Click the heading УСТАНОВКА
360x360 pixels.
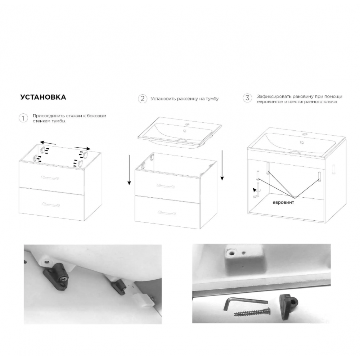click(43, 97)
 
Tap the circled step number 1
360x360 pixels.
click(23, 118)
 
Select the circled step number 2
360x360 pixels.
click(143, 99)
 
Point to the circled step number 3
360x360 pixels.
click(247, 98)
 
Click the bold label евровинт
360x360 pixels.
click(283, 202)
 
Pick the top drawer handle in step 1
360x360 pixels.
click(50, 178)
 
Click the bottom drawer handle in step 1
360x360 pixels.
click(51, 205)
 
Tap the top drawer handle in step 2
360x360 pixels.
click(165, 186)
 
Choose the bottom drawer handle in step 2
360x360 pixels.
click(166, 213)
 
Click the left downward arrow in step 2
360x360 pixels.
click(129, 170)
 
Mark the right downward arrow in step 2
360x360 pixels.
click(222, 165)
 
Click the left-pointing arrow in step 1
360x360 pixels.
click(48, 143)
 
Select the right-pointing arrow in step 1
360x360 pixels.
click(82, 148)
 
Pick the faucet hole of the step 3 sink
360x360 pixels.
click(305, 134)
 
